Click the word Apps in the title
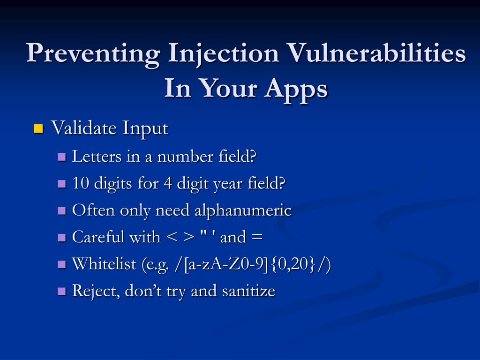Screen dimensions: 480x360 296,89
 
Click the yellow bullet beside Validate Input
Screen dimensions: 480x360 38,128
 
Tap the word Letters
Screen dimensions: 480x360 97,157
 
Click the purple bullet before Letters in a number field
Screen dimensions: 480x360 62,157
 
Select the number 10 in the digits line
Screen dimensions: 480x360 81,183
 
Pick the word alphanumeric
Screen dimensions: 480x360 243,211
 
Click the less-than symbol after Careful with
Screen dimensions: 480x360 172,237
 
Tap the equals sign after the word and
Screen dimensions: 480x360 256,237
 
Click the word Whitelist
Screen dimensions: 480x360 104,263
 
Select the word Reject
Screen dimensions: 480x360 96,291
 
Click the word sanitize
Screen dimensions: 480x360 248,291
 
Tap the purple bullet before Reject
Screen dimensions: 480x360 62,291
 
